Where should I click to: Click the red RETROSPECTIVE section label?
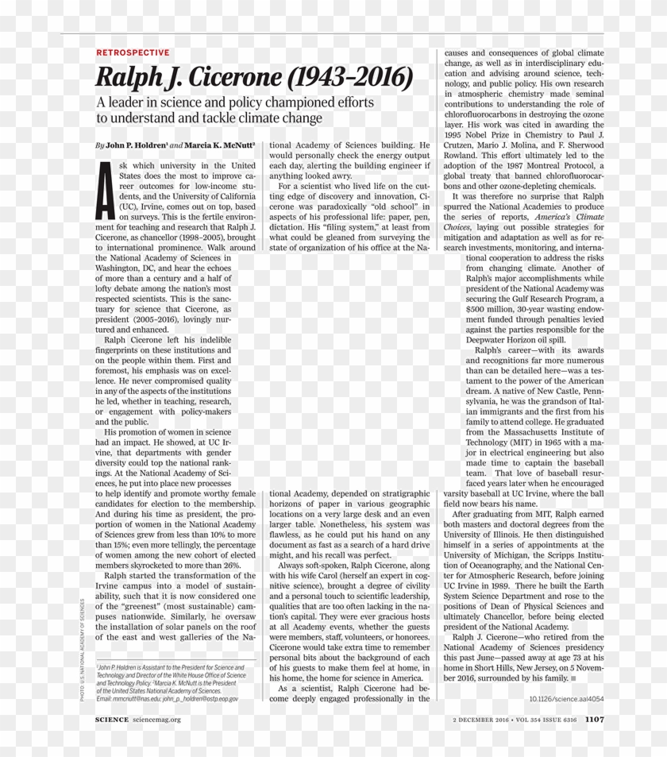[x=133, y=52]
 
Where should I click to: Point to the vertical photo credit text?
[x=81, y=648]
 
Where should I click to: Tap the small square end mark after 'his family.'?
[x=573, y=679]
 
